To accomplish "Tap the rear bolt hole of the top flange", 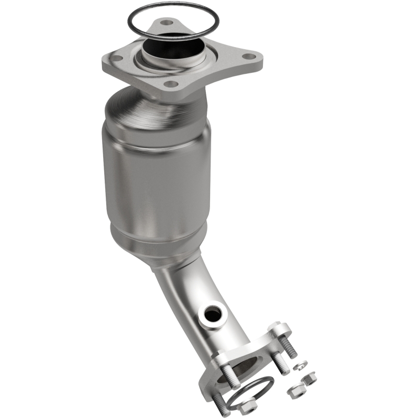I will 167,23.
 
